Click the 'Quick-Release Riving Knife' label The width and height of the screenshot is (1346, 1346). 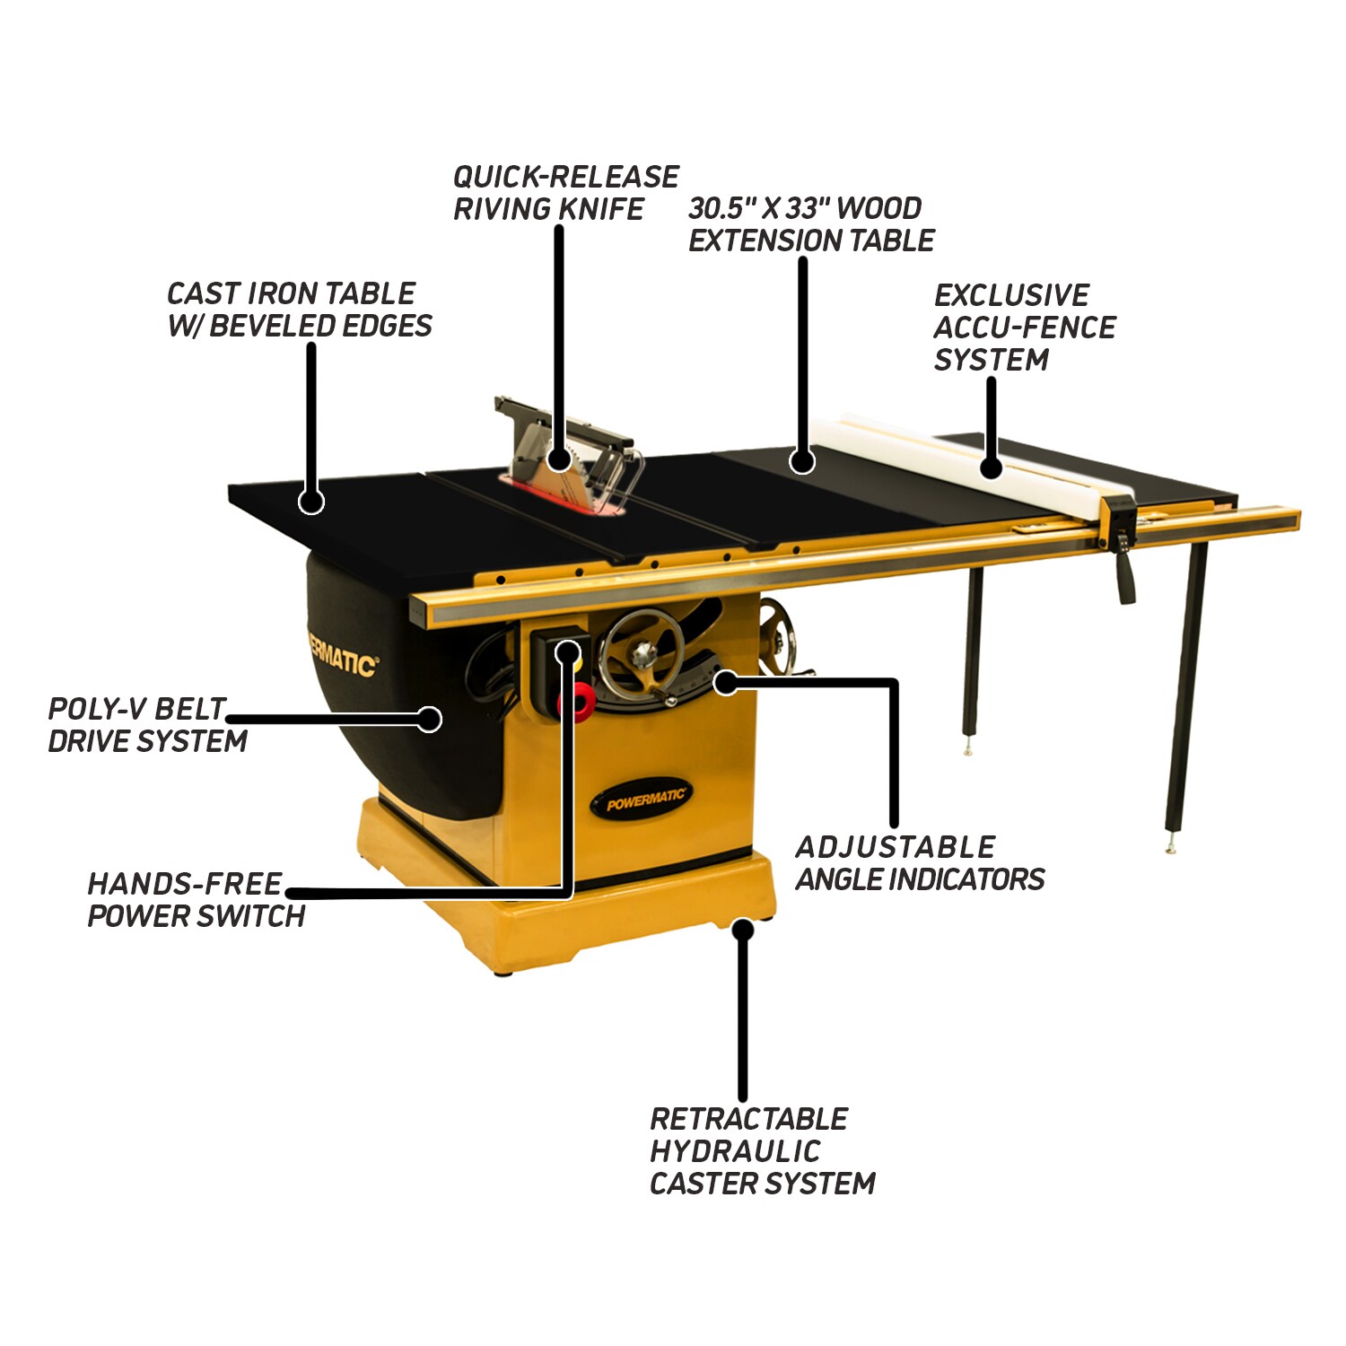(x=565, y=192)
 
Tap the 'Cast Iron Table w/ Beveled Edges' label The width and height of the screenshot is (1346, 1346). (x=300, y=310)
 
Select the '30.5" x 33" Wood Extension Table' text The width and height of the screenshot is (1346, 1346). (x=811, y=224)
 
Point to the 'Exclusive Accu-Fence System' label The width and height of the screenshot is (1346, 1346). (x=1025, y=328)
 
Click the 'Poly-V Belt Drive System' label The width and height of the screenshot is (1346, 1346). (x=147, y=725)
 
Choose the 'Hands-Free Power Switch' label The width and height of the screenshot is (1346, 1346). (x=197, y=900)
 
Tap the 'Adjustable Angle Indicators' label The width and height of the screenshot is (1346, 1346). (x=920, y=863)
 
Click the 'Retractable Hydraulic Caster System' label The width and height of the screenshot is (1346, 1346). (x=762, y=1151)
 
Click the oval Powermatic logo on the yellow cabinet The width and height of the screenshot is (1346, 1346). (x=642, y=798)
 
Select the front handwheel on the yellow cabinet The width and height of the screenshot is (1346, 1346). (x=640, y=655)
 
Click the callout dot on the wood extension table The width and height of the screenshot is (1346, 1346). (x=802, y=461)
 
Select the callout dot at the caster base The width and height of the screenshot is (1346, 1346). (x=741, y=928)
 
